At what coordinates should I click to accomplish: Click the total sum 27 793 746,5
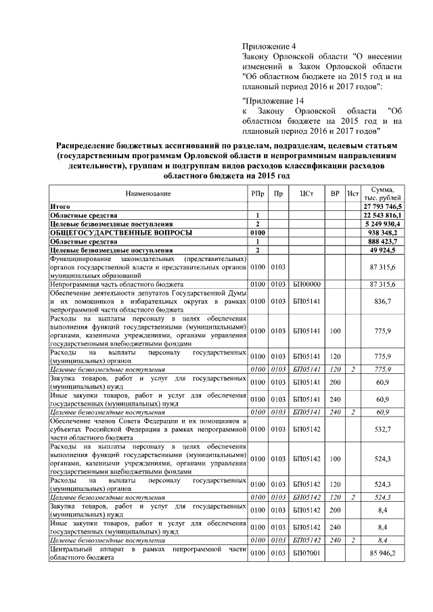(x=383, y=206)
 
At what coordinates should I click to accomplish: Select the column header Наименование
(x=148, y=193)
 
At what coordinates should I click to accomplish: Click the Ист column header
(x=352, y=193)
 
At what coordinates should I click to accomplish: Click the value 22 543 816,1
(x=383, y=214)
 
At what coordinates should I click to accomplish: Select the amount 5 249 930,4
(x=384, y=223)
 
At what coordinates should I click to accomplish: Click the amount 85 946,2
(x=388, y=553)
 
